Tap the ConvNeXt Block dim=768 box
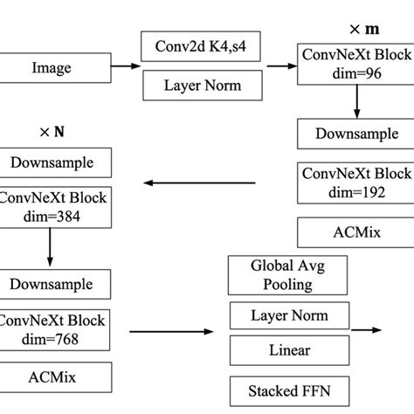56,330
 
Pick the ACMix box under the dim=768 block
56,377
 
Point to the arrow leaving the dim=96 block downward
355,101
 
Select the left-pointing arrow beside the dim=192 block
200,183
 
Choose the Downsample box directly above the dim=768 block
56,284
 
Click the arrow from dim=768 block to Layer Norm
171,332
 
